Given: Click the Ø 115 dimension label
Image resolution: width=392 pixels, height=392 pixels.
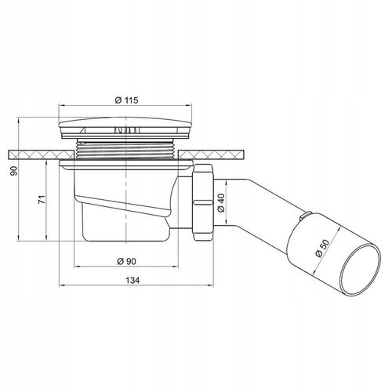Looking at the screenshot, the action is [x=126, y=100].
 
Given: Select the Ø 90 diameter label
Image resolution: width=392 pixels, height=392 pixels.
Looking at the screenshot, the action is [x=126, y=261].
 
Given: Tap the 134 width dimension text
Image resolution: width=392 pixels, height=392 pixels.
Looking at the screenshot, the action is [x=132, y=281].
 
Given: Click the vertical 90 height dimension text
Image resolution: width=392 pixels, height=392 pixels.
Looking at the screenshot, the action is [x=13, y=171].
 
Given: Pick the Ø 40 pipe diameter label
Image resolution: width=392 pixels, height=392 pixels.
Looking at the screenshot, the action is [x=221, y=203].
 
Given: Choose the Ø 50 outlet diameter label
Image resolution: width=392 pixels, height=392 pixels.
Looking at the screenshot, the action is [x=322, y=249].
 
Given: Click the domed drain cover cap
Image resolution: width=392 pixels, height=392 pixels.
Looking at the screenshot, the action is [x=125, y=123].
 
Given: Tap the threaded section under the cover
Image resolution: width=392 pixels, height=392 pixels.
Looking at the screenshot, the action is [x=125, y=149].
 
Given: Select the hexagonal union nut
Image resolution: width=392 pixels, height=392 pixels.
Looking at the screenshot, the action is [x=203, y=202].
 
